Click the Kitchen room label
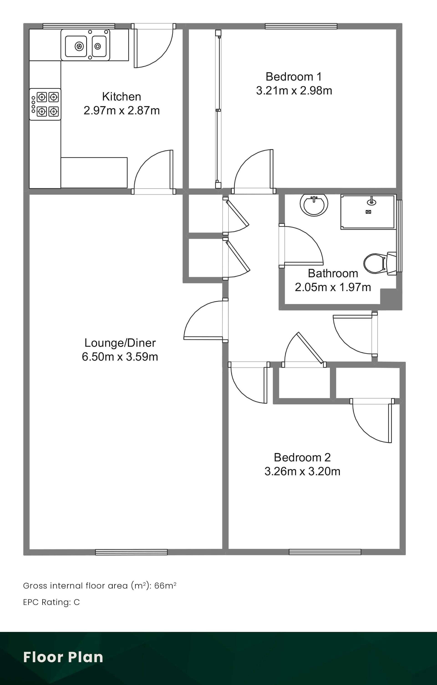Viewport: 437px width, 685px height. tap(122, 97)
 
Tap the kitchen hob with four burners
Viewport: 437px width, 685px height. tap(45, 104)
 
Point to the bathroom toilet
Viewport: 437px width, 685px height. tap(380, 263)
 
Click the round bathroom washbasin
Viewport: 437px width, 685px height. tap(314, 204)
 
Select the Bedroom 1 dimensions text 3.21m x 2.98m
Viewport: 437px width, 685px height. tap(294, 91)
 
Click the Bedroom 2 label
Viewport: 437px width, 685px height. tap(302, 457)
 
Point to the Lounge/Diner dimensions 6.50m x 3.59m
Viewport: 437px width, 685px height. tap(120, 357)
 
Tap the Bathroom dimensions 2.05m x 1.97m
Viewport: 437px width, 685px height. tap(333, 287)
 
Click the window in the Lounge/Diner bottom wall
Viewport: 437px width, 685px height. tap(131, 552)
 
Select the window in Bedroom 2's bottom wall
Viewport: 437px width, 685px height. tap(325, 552)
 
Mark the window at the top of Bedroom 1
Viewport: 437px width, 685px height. tap(301, 26)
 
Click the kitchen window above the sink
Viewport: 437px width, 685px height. tap(79, 26)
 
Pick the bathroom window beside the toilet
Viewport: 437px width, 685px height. tap(400, 236)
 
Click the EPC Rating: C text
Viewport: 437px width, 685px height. tap(51, 602)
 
